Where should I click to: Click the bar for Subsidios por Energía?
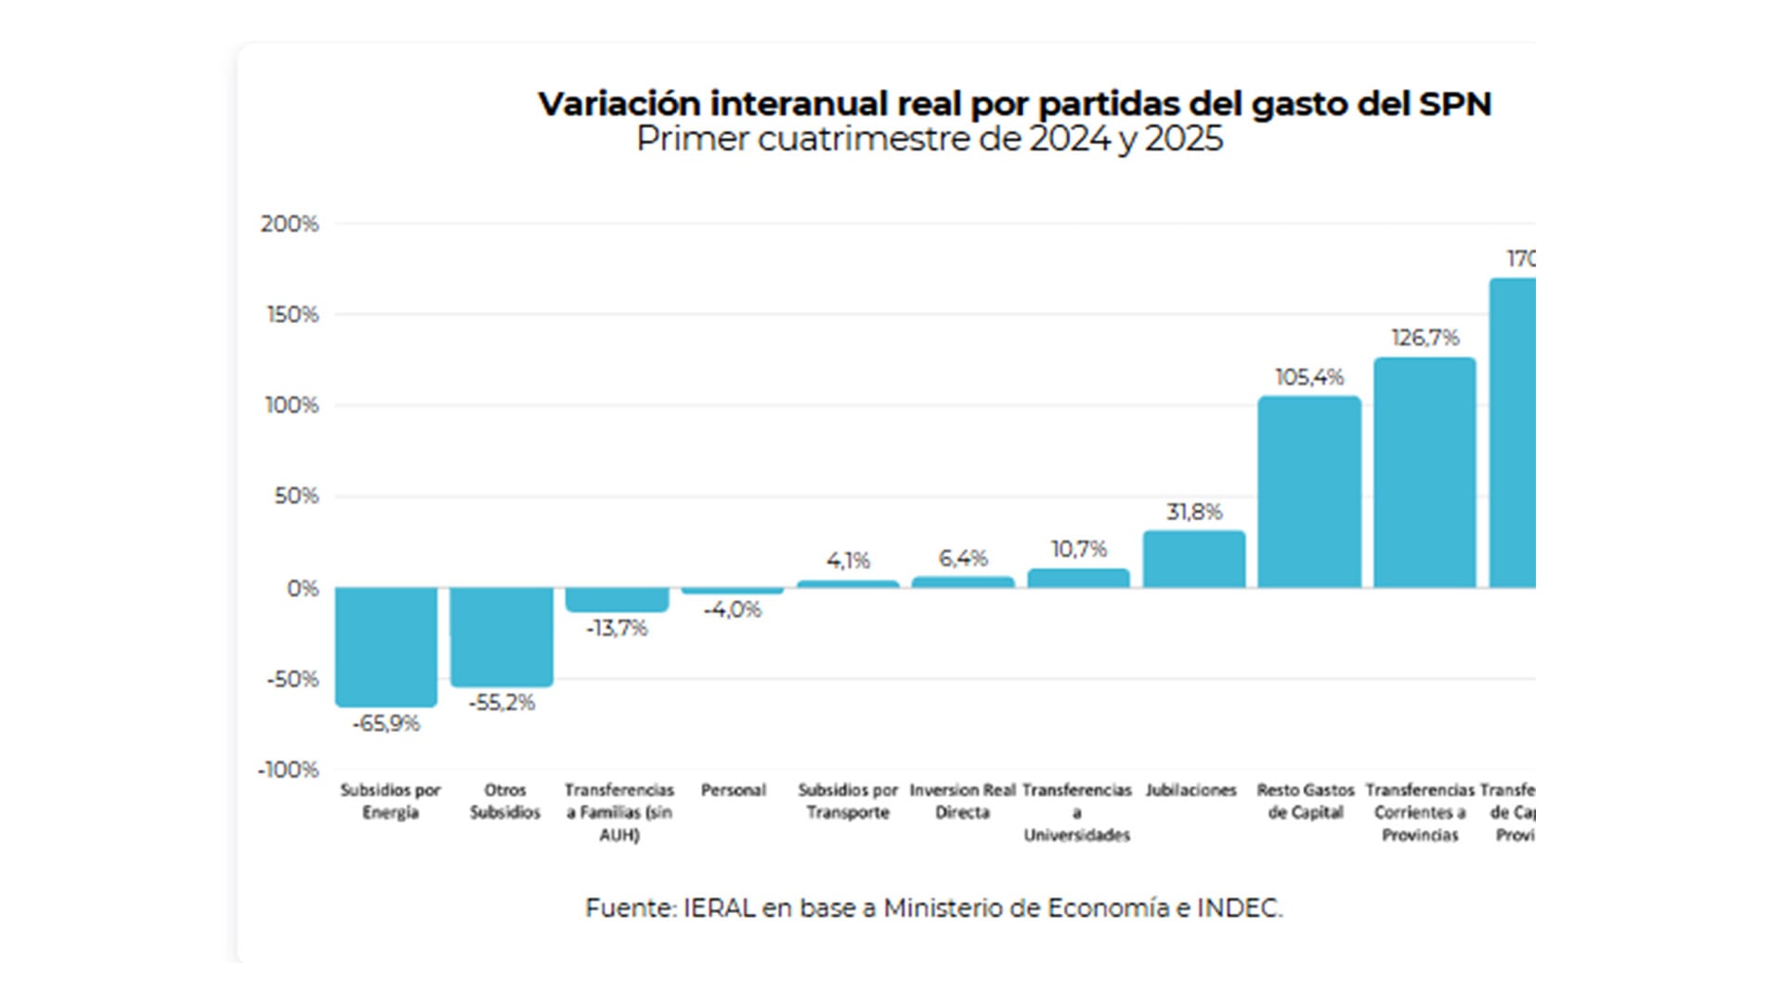click(x=386, y=646)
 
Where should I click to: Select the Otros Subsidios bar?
click(x=501, y=637)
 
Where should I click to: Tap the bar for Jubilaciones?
click(x=1194, y=559)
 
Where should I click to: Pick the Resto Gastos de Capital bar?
click(x=1309, y=492)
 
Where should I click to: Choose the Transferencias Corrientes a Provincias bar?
click(x=1425, y=473)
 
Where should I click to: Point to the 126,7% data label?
click(x=1425, y=338)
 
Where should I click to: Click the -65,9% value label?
click(x=386, y=723)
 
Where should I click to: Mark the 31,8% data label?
click(x=1194, y=512)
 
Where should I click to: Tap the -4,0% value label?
click(x=733, y=610)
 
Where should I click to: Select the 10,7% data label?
click(x=1079, y=549)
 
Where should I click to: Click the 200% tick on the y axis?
click(x=290, y=224)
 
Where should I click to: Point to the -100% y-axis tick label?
click(x=289, y=770)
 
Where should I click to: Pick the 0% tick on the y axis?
click(x=303, y=589)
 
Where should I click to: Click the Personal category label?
click(x=734, y=790)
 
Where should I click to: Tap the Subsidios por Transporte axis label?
click(x=848, y=801)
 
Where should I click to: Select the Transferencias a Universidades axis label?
click(x=1077, y=813)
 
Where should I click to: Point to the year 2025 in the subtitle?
click(x=1183, y=139)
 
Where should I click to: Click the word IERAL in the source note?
click(x=719, y=908)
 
